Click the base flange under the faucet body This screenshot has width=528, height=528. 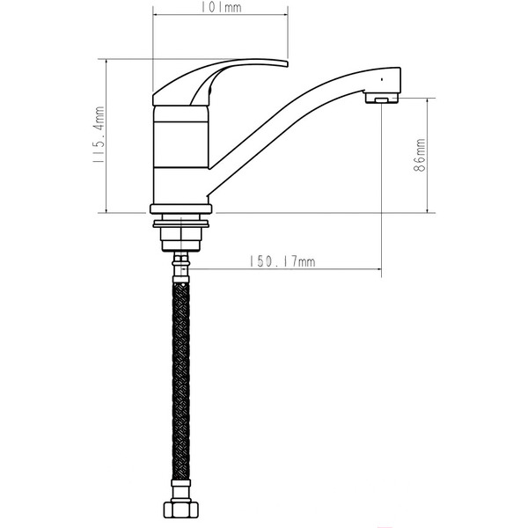[x=181, y=209]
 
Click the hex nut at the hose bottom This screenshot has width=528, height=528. [x=180, y=511]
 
